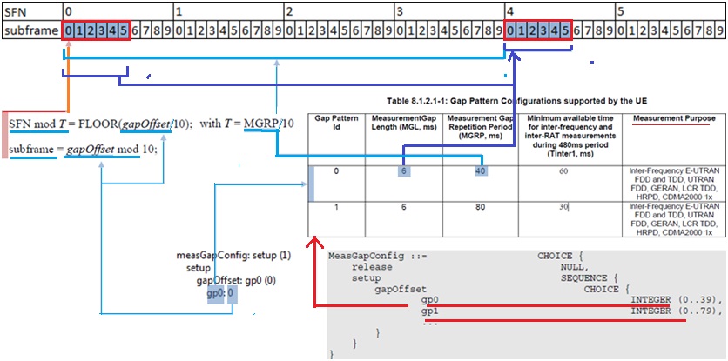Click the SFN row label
click(x=17, y=11)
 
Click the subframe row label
click(x=28, y=31)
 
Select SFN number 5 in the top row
click(x=620, y=11)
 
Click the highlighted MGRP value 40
click(x=479, y=171)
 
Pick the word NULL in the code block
click(x=572, y=268)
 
